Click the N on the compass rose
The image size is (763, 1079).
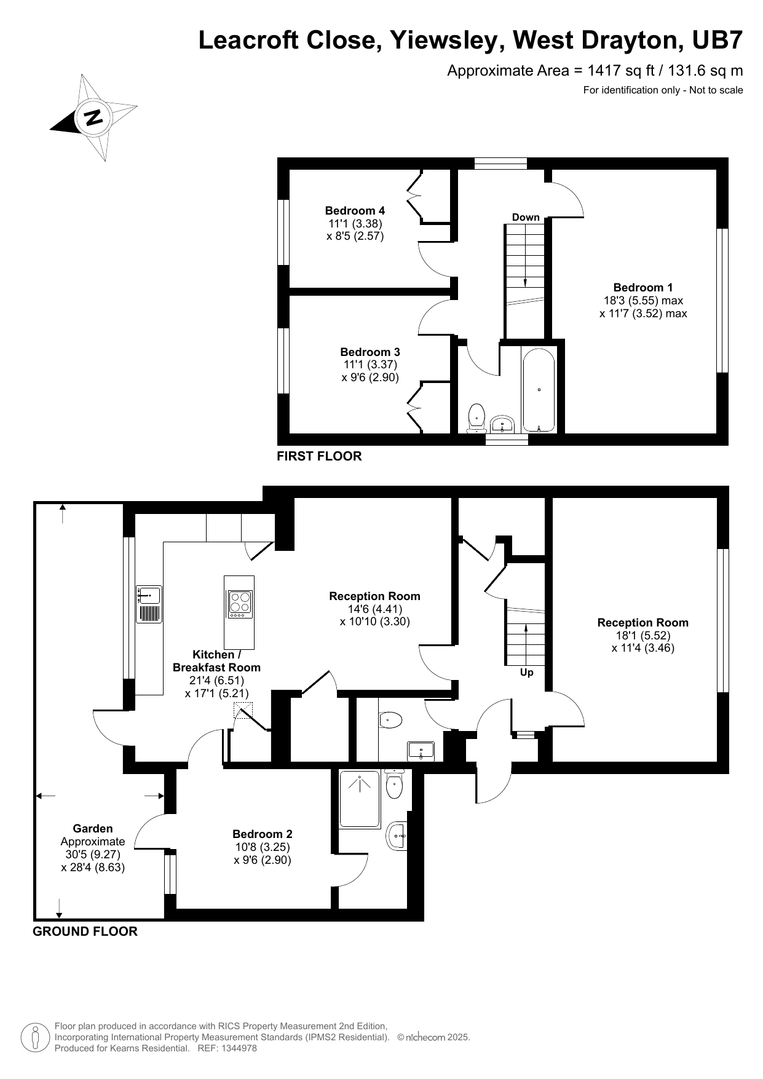tap(93, 117)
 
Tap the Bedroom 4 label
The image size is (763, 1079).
tap(355, 210)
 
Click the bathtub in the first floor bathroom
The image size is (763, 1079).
tap(539, 390)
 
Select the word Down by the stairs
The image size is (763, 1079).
tap(526, 217)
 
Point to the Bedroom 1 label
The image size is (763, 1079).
tap(643, 287)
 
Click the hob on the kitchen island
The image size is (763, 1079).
tap(239, 603)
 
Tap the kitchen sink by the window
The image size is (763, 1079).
tap(149, 595)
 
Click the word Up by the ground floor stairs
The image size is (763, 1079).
tap(526, 673)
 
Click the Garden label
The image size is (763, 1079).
tap(93, 828)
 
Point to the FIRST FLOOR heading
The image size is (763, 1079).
tap(319, 456)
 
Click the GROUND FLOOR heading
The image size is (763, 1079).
tap(85, 931)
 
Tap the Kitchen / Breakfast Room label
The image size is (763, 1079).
tap(216, 661)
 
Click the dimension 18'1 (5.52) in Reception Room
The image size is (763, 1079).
tap(642, 635)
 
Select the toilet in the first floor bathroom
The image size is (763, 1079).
tap(476, 417)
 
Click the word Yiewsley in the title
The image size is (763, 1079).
tap(448, 41)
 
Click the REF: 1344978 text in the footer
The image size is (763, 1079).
tap(227, 1048)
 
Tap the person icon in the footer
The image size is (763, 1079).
tap(35, 1038)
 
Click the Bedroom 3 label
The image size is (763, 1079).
tap(370, 352)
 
